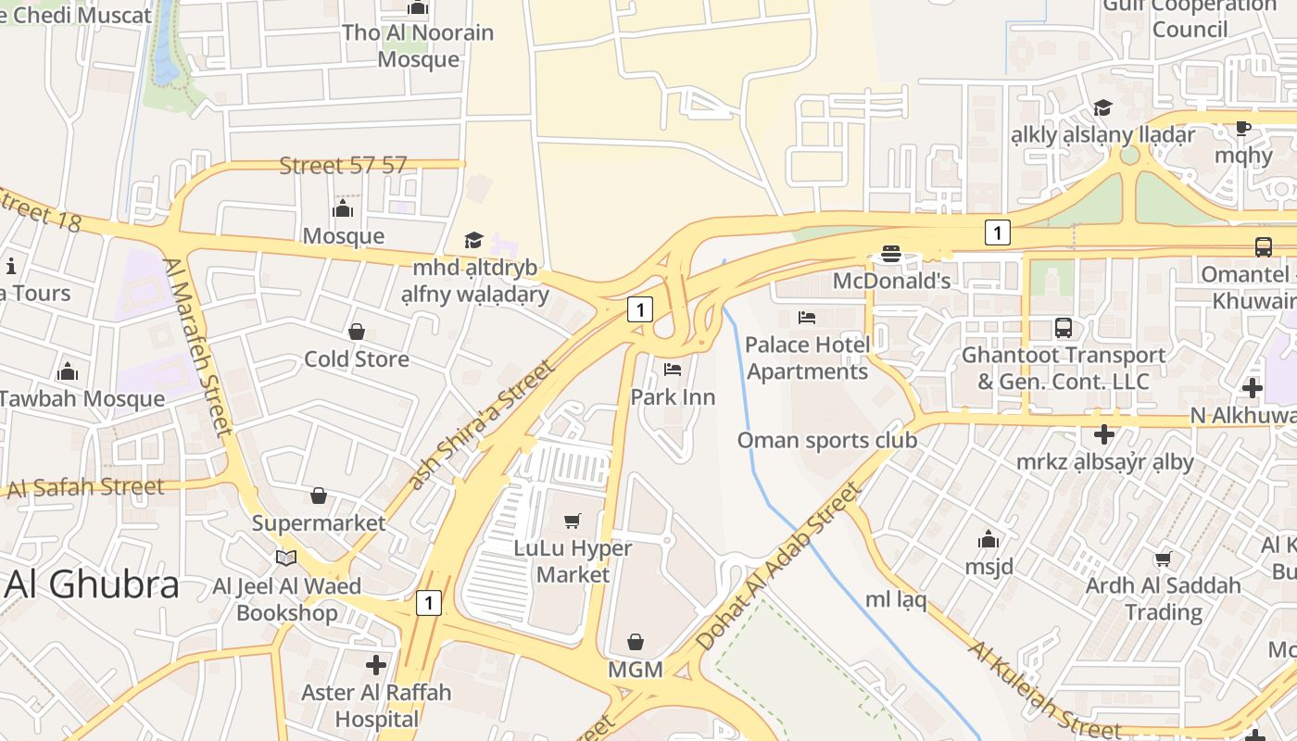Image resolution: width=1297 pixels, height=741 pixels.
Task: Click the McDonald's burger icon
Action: point(891,253)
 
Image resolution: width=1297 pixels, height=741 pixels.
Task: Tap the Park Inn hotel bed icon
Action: point(673,370)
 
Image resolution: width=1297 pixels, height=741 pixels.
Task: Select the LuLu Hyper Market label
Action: point(573,561)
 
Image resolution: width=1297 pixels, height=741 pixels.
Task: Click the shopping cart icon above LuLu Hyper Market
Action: point(573,521)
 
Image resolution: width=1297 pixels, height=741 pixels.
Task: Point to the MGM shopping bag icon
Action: point(636,642)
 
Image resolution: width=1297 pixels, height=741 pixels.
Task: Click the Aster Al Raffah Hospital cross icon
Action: point(376,664)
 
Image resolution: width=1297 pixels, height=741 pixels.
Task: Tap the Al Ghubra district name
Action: point(93,584)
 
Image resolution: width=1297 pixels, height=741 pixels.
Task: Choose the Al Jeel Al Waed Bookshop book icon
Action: point(286,559)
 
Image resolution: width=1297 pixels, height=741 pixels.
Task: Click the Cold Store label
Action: point(357,358)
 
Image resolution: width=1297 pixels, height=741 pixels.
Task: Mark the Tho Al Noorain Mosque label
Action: point(418,45)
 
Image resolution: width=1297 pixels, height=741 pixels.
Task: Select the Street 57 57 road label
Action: point(343,166)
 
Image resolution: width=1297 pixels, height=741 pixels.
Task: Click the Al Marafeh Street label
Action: point(198,346)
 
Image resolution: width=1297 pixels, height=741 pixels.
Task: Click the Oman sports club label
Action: point(826,440)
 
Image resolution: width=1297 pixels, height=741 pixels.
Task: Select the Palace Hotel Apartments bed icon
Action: point(807,318)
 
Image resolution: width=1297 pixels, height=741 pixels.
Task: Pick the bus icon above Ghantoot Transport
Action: point(1063,328)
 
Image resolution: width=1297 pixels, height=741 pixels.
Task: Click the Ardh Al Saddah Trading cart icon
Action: point(1163,559)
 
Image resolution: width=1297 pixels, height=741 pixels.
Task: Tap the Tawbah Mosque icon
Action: point(68,372)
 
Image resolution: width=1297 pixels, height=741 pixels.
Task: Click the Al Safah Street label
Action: point(85,487)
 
